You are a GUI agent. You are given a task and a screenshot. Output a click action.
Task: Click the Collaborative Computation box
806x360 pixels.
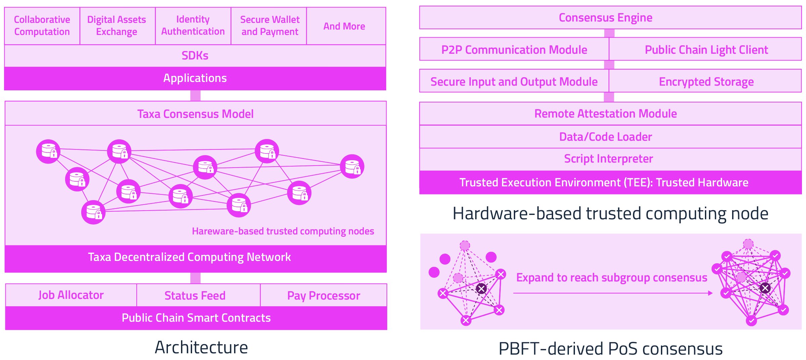click(42, 26)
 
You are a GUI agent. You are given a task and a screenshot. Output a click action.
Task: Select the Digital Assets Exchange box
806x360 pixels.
click(118, 26)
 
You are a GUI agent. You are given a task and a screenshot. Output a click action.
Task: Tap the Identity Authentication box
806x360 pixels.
click(193, 26)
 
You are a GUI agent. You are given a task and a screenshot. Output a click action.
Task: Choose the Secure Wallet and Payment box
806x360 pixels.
click(269, 26)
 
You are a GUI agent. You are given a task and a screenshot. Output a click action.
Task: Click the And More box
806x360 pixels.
click(346, 26)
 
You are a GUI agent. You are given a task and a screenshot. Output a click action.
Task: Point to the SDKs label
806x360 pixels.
click(195, 55)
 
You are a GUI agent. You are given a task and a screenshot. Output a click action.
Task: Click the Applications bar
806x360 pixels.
click(195, 79)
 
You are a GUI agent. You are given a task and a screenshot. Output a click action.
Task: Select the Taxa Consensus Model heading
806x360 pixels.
click(195, 114)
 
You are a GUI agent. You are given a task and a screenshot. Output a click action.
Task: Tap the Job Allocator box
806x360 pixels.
click(71, 295)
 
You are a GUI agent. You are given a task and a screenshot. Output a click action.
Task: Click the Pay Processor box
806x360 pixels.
click(324, 295)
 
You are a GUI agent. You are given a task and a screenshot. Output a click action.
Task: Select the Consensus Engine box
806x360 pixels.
click(611, 17)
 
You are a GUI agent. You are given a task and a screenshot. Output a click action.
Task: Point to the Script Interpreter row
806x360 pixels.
click(611, 159)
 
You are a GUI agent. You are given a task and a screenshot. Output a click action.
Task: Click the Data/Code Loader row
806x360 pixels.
click(611, 137)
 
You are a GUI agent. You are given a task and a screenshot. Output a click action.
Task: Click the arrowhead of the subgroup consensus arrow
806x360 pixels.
click(710, 293)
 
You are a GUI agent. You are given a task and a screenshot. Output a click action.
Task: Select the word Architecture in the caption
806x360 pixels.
click(201, 347)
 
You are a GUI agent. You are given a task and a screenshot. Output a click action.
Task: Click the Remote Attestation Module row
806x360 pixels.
click(611, 114)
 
